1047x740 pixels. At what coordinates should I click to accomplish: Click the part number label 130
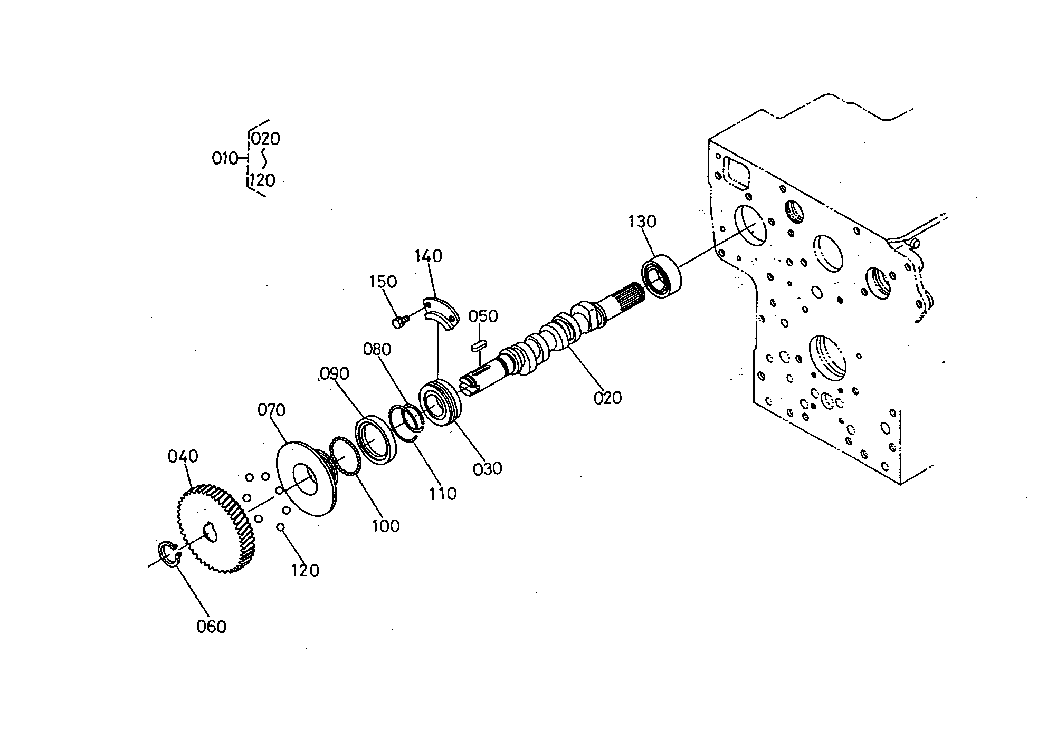point(642,222)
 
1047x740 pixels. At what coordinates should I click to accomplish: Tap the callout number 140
point(428,256)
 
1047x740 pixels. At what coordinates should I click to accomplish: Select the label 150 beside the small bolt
point(383,282)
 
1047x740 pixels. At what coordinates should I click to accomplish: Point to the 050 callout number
point(483,316)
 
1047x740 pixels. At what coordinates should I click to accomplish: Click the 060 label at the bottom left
point(211,627)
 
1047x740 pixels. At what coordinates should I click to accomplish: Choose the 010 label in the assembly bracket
point(225,158)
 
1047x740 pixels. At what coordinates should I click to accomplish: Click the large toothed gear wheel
point(215,528)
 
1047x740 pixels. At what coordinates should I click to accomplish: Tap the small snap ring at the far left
point(170,554)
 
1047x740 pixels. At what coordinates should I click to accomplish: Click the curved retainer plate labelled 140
point(442,314)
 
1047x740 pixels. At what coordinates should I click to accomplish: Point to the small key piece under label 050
point(478,346)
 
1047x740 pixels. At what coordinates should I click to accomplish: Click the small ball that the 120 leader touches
point(281,526)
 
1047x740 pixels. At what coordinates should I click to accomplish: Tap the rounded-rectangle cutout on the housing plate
point(738,172)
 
